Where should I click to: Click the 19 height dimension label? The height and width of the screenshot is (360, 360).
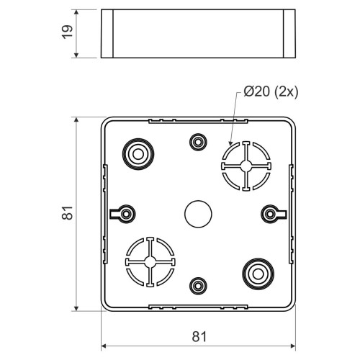(68, 32)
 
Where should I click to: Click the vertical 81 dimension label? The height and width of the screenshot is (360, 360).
(68, 212)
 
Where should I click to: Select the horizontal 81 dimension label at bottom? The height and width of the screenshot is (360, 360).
(199, 337)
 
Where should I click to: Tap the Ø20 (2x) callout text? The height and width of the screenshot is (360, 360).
(271, 91)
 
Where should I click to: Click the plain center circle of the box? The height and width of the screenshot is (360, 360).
(198, 214)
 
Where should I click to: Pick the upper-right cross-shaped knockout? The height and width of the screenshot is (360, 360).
(246, 166)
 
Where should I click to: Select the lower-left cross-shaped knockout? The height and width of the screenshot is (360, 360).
(150, 262)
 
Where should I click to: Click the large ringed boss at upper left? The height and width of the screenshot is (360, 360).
(138, 154)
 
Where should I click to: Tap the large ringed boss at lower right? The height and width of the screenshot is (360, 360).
(258, 274)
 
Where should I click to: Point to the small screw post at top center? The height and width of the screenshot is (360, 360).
(198, 142)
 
